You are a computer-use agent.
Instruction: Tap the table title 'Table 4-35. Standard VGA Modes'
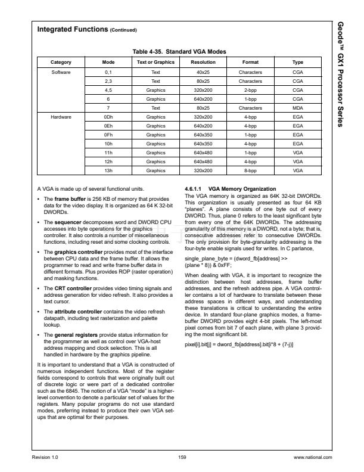pos(179,52)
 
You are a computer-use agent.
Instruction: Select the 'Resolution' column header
pos(203,62)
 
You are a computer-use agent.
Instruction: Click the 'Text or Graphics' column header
pos(155,62)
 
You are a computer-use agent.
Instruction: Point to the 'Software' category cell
pos(61,71)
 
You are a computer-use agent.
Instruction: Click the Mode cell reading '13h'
pos(108,170)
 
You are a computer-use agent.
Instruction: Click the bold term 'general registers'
pos(73,336)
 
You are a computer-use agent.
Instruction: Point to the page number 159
pos(182,457)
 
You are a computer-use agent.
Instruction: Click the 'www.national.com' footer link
pos(312,457)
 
